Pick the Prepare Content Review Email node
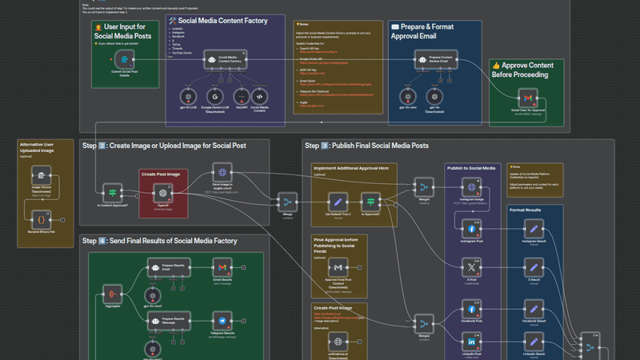coord(431,59)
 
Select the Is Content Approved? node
coord(113,193)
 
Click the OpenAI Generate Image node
coord(162,193)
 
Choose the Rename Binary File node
coord(42,217)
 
